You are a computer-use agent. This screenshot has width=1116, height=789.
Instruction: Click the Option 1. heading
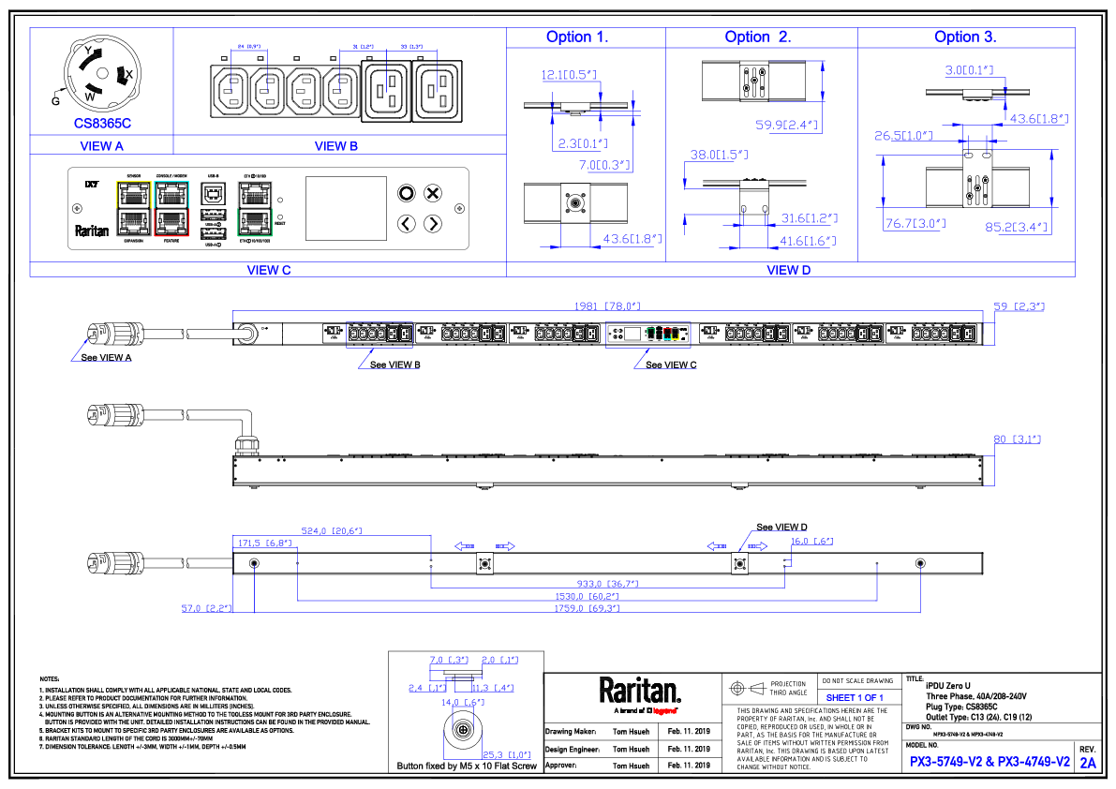pyautogui.click(x=577, y=37)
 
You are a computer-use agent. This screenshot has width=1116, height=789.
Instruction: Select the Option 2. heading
pyautogui.click(x=758, y=37)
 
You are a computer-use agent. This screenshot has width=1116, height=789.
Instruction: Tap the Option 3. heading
pyautogui.click(x=965, y=37)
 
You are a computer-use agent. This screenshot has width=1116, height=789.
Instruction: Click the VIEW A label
pyautogui.click(x=101, y=146)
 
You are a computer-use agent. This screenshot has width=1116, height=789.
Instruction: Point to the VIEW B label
pyautogui.click(x=336, y=146)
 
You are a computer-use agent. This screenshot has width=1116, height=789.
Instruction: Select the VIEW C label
pyautogui.click(x=269, y=270)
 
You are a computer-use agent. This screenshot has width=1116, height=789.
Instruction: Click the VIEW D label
pyautogui.click(x=789, y=270)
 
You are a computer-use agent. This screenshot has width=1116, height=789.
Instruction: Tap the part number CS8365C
pyautogui.click(x=102, y=124)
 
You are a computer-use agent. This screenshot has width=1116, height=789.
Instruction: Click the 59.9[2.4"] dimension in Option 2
pyautogui.click(x=787, y=125)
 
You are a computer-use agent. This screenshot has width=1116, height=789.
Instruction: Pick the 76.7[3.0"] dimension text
pyautogui.click(x=915, y=224)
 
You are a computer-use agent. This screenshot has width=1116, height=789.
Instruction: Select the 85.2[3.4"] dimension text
pyautogui.click(x=1018, y=227)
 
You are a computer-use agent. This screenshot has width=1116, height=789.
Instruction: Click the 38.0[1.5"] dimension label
pyautogui.click(x=719, y=155)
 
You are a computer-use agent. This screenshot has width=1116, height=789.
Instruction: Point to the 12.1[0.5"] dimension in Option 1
pyautogui.click(x=569, y=75)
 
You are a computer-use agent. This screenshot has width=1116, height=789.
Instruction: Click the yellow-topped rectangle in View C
pyautogui.click(x=134, y=209)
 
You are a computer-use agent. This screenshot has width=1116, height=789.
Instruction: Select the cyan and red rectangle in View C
pyautogui.click(x=171, y=209)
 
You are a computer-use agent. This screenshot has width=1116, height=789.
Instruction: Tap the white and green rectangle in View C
pyautogui.click(x=255, y=209)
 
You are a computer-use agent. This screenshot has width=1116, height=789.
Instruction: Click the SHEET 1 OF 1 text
pyautogui.click(x=855, y=698)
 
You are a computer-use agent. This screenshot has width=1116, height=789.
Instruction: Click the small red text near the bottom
pyautogui.click(x=664, y=711)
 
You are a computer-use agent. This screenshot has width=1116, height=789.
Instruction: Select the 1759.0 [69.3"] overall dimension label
pyautogui.click(x=588, y=609)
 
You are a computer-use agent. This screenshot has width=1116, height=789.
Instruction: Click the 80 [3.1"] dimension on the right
pyautogui.click(x=1018, y=439)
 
